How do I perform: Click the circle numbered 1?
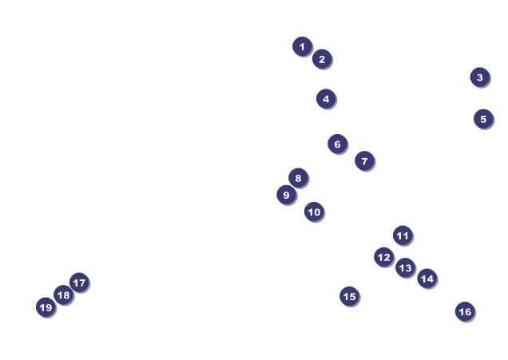(x=302, y=46)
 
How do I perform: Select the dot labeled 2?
(x=322, y=59)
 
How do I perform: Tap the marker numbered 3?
(x=479, y=77)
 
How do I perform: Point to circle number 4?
(x=325, y=99)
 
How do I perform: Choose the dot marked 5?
(x=483, y=119)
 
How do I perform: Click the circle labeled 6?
(x=337, y=144)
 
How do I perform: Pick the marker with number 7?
(x=364, y=161)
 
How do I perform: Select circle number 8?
(x=298, y=178)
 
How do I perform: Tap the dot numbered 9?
(x=286, y=195)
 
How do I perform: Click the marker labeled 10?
(x=314, y=212)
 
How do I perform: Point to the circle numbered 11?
(x=403, y=235)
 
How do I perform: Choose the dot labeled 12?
(x=384, y=257)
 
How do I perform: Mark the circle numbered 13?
(x=405, y=267)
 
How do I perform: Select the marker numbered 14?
(x=427, y=279)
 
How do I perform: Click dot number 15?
(x=349, y=296)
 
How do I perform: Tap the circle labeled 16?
(x=465, y=311)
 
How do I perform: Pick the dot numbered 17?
(x=78, y=283)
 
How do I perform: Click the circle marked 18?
(x=63, y=295)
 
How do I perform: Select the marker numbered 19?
(x=46, y=307)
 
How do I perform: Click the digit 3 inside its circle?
(x=479, y=77)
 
